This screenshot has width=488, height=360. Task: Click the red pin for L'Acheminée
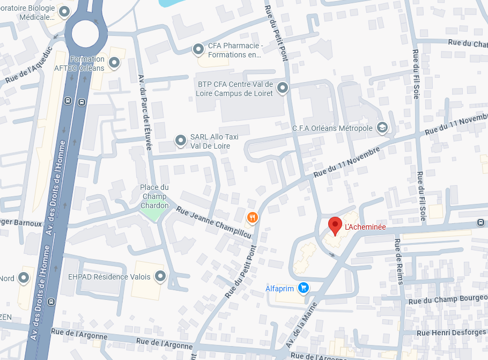335,225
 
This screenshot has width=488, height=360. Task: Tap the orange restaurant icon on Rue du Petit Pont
253,217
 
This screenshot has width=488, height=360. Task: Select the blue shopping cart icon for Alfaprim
304,288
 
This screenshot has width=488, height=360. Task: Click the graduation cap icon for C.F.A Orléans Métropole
382,127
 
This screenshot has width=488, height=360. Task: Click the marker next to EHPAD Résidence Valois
160,277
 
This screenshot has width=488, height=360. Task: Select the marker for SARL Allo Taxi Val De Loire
181,141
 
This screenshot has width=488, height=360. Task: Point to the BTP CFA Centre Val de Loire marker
283,87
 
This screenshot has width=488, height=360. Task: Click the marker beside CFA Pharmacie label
198,50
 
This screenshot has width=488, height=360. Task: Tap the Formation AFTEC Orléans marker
114,63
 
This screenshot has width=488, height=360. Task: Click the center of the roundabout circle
86,34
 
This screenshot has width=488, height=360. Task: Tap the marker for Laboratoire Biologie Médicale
65,11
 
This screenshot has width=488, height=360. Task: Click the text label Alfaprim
279,289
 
